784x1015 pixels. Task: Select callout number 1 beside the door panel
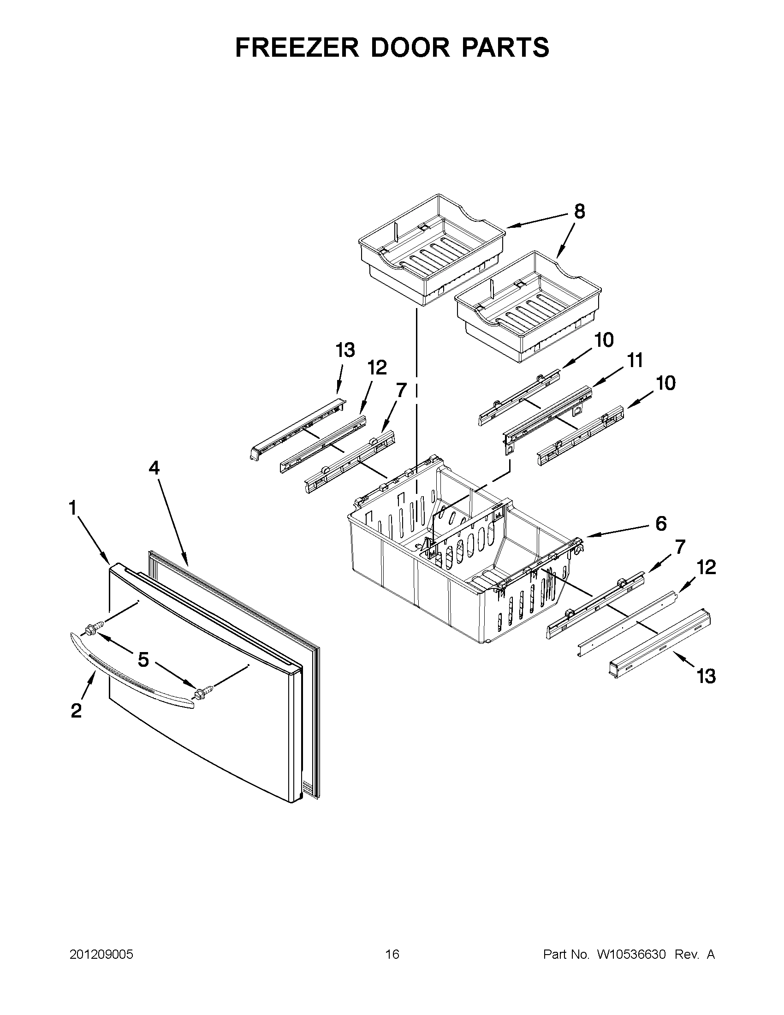click(x=73, y=508)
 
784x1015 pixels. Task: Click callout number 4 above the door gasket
click(x=154, y=468)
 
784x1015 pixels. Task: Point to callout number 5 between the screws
click(x=143, y=659)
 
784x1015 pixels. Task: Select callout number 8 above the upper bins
click(x=579, y=212)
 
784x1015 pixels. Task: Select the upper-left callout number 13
click(x=345, y=350)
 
